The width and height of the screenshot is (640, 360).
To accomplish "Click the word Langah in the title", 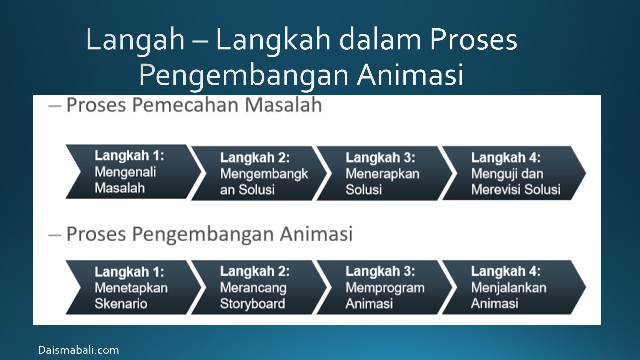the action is point(135,40).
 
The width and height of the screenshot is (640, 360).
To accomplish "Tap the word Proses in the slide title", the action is point(473,39).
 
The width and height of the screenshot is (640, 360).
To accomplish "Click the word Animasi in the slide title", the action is point(410,75).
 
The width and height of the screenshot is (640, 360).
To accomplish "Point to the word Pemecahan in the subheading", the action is point(185,105).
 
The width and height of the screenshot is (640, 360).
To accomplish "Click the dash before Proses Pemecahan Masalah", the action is point(55,106).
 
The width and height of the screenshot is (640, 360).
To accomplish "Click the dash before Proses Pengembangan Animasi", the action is point(55,235).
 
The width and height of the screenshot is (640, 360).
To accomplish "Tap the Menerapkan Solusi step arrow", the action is point(385,173).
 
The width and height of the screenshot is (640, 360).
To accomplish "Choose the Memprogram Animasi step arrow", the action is point(385,287).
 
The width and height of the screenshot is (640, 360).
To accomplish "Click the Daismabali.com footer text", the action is point(79,350).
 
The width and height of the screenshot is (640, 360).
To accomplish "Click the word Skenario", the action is point(121,304).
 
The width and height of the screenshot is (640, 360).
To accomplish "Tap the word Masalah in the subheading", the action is point(283,105).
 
